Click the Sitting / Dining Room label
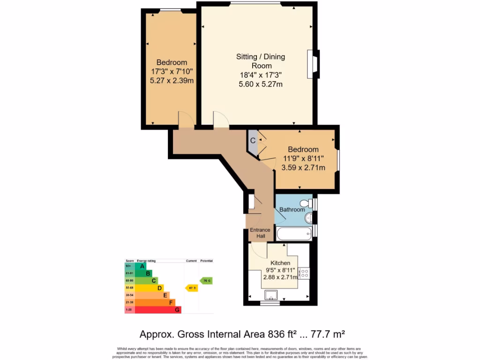[x=260, y=61]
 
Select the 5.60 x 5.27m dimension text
[x=260, y=84]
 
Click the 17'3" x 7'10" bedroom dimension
[x=172, y=71]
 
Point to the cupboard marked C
[x=253, y=140]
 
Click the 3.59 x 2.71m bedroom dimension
[x=303, y=167]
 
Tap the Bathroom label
[x=292, y=210]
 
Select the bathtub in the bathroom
[x=293, y=232]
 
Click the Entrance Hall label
[x=260, y=233]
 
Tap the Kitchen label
[x=280, y=263]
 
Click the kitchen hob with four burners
[x=304, y=273]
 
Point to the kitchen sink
[x=271, y=295]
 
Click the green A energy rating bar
[x=142, y=266]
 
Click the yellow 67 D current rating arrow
[x=192, y=288]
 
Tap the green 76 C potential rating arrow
[x=206, y=280]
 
